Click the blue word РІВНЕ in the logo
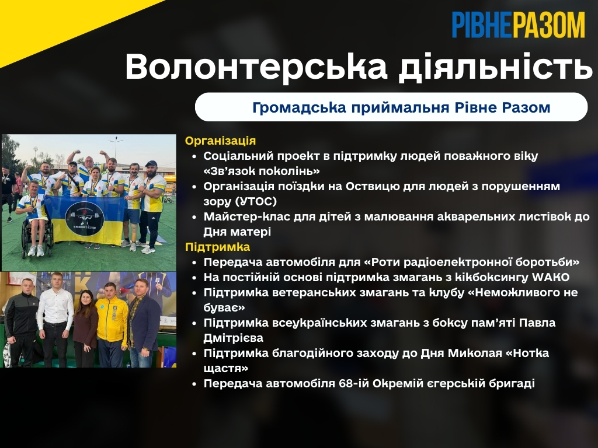coord(482,24)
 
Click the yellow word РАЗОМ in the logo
coord(548,24)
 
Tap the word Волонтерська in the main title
coord(256,66)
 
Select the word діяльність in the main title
coord(495,68)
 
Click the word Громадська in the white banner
coord(299,107)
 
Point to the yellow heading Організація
coord(220,141)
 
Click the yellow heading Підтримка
coord(218,247)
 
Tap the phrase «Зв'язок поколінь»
coord(262,171)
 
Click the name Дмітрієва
coord(234,338)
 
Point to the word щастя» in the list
coord(226,369)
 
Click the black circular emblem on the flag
coord(85,216)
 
